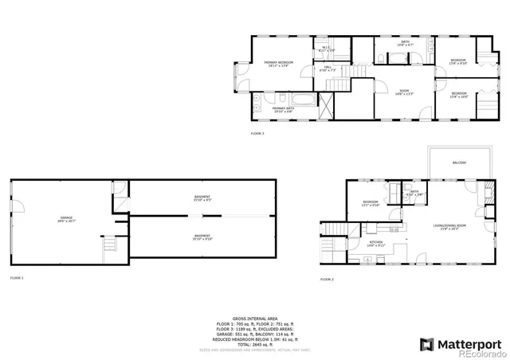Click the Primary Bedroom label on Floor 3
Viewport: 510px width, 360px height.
coord(280,63)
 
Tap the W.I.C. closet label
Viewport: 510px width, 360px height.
coord(326,49)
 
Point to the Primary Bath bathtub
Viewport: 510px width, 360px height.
coord(304,100)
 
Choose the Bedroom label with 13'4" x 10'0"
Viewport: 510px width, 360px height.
coord(458,95)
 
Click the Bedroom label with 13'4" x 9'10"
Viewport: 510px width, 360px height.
coord(457,61)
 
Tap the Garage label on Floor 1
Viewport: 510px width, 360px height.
coord(66,220)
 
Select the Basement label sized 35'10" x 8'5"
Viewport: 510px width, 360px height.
coord(202,198)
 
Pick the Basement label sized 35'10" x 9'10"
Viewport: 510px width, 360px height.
coord(202,237)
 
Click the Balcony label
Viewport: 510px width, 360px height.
coord(459,162)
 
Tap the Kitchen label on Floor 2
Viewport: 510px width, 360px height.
coord(375,244)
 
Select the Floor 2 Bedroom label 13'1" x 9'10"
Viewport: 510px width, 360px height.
coord(371,203)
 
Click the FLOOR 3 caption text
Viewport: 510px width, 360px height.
coord(257,134)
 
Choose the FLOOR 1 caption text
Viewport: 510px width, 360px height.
coord(17,278)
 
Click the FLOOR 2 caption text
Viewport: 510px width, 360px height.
coord(326,280)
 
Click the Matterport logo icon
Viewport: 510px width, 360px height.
coord(426,344)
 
